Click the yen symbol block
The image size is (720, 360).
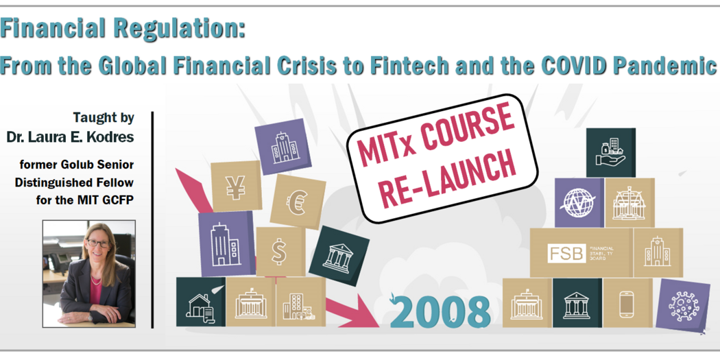tap(236, 186)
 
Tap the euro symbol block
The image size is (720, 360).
tap(298, 201)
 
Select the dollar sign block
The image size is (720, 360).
tap(279, 252)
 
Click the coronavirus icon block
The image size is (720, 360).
tap(682, 304)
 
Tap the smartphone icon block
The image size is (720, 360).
tap(627, 302)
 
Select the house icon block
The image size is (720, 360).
tap(200, 303)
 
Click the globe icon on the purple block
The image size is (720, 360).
tap(578, 203)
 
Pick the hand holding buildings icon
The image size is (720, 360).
tap(610, 152)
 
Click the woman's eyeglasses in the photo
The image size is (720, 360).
tap(95, 244)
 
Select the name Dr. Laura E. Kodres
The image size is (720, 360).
tap(70, 136)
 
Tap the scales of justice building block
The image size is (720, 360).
tap(629, 203)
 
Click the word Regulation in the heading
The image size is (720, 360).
tap(181, 29)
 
